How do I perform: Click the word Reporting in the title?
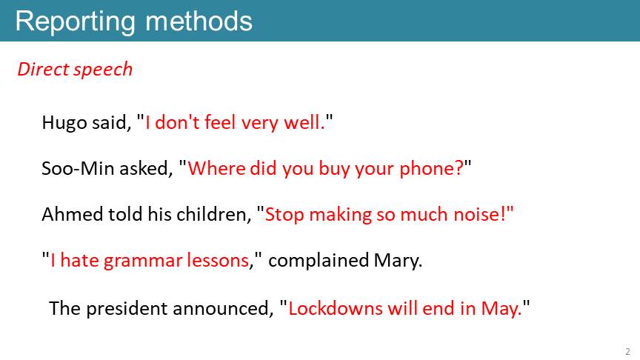coord(75,22)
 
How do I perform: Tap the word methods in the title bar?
coord(199,21)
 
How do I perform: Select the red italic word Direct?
coord(43,69)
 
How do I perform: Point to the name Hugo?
coord(64,123)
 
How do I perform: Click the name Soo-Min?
coord(78,168)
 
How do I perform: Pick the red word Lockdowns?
coord(336,308)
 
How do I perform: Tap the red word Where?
coord(216,168)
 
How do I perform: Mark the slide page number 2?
coord(627,351)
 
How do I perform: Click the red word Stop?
coord(284,215)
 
